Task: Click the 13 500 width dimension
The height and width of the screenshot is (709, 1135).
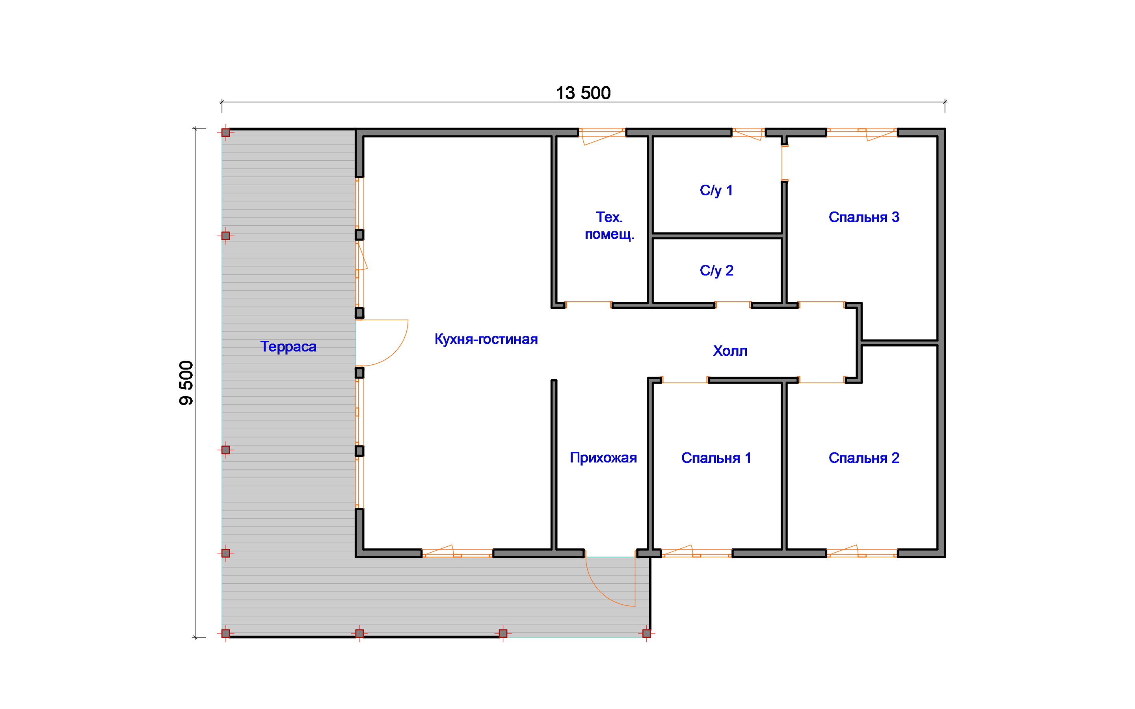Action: pyautogui.click(x=583, y=93)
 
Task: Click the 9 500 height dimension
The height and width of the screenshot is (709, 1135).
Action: pyautogui.click(x=186, y=382)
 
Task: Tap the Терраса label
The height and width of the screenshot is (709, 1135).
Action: pyautogui.click(x=288, y=347)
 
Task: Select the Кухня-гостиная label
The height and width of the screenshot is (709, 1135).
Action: pyautogui.click(x=486, y=339)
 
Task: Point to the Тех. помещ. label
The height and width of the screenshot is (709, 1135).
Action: pyautogui.click(x=609, y=226)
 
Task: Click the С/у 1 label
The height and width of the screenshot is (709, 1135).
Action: pyautogui.click(x=716, y=190)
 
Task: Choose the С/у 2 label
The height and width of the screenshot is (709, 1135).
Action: pyautogui.click(x=716, y=271)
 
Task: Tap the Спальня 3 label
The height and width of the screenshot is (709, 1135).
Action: pyautogui.click(x=864, y=217)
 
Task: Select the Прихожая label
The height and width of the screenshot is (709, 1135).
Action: pyautogui.click(x=603, y=458)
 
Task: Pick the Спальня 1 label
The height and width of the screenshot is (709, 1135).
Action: pyautogui.click(x=716, y=458)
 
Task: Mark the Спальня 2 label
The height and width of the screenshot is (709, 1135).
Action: pyautogui.click(x=864, y=458)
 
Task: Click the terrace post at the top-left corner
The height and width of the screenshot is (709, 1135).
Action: pyautogui.click(x=225, y=133)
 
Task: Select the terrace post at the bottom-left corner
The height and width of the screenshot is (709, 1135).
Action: pyautogui.click(x=225, y=633)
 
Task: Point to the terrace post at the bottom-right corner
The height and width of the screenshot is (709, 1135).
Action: pyautogui.click(x=646, y=633)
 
